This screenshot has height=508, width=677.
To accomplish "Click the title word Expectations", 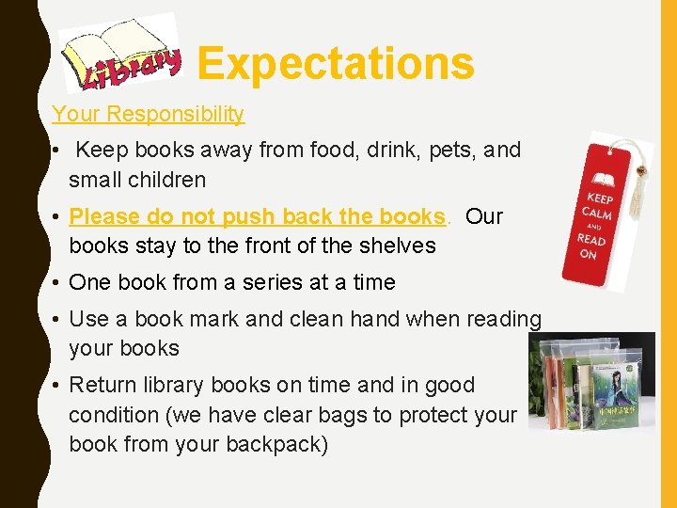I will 336,64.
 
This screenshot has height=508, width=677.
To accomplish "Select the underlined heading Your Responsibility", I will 148,115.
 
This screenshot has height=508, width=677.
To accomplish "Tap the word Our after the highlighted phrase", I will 484,216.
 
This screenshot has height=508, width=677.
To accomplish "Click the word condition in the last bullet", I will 114,415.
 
